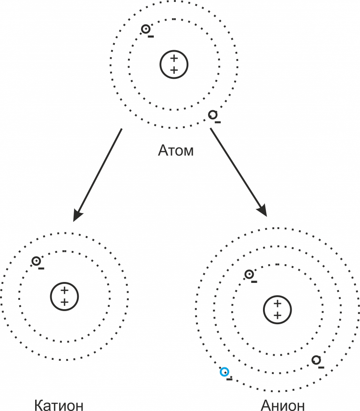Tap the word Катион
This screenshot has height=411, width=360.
(59, 404)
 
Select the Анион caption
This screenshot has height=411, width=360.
(283, 404)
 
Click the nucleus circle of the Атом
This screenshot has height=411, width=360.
(174, 64)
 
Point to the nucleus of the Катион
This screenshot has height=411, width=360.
(64, 296)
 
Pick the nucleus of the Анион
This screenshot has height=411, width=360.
(277, 310)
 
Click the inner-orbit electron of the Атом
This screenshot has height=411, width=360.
(146, 29)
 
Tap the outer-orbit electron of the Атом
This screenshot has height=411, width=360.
(213, 114)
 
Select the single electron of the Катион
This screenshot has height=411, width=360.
(36, 261)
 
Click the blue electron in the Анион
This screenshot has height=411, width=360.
(225, 372)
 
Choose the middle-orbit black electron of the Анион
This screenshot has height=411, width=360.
(316, 360)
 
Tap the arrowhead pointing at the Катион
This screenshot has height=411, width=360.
(78, 215)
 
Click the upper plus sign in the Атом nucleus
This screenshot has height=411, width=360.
(174, 59)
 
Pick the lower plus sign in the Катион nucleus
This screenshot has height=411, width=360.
(64, 302)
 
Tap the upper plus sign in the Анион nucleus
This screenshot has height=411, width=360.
(277, 304)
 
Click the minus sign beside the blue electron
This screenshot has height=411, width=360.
(229, 379)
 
